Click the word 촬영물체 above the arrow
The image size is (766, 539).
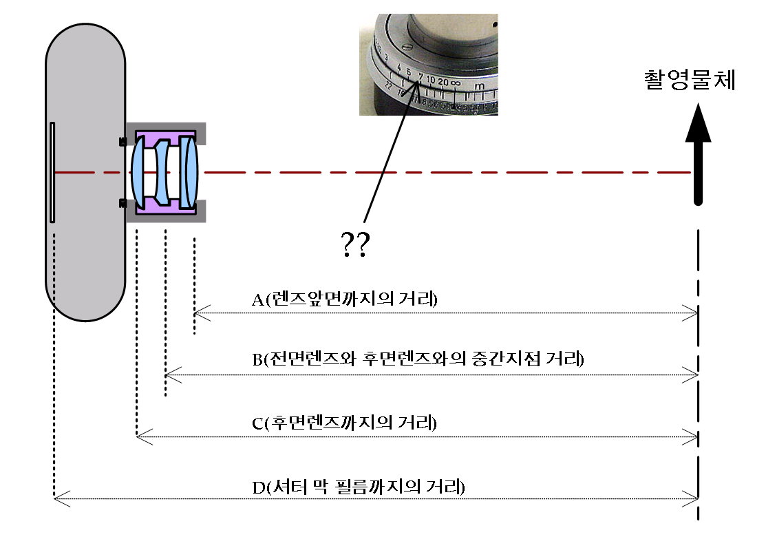[689, 80]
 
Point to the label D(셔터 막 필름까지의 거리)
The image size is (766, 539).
[359, 487]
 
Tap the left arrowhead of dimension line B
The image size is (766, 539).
[169, 375]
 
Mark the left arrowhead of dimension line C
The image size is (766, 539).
[140, 436]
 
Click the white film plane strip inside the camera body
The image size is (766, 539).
[52, 172]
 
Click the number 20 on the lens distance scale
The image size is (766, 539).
[443, 81]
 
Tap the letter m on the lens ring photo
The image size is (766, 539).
[479, 86]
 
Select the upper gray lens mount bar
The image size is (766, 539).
[165, 129]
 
